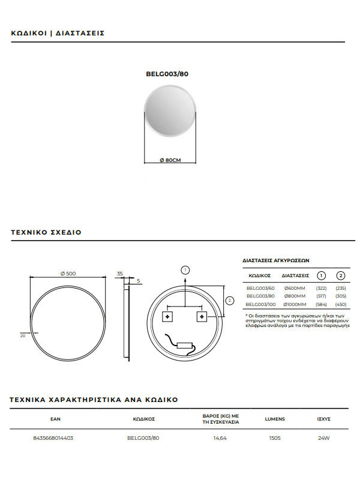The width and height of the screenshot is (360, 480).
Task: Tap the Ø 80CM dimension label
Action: click(170, 160)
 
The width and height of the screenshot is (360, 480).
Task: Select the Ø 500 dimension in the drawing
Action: click(68, 274)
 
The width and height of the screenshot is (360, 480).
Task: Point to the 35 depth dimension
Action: click(119, 274)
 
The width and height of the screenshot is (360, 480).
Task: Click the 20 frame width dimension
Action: click(23, 336)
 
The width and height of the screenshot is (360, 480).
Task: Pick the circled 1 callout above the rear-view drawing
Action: click(185, 270)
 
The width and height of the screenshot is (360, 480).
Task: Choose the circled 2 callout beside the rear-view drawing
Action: click(229, 300)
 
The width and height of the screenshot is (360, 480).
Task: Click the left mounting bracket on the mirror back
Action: click(168, 316)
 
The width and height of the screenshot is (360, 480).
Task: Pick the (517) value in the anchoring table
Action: click(321, 296)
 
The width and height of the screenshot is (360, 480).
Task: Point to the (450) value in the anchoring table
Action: click(340, 304)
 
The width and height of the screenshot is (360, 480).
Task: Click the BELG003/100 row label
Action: click(260, 304)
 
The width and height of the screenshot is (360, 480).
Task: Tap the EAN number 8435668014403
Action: click(54, 438)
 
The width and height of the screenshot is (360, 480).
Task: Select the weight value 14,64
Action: click(221, 438)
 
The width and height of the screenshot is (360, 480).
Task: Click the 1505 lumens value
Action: click(274, 438)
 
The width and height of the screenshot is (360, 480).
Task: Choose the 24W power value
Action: click(324, 438)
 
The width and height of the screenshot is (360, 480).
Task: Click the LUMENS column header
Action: click(274, 419)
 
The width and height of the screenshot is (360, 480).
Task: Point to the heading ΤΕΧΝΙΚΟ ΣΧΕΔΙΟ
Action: click(46, 232)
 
